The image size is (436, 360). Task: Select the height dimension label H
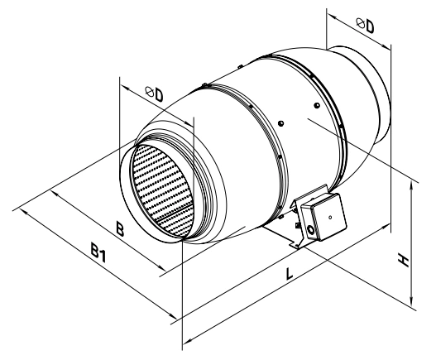click(x=403, y=259)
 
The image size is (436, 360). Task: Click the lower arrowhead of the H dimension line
click(x=411, y=303)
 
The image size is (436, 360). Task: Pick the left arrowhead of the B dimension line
click(x=55, y=194)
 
